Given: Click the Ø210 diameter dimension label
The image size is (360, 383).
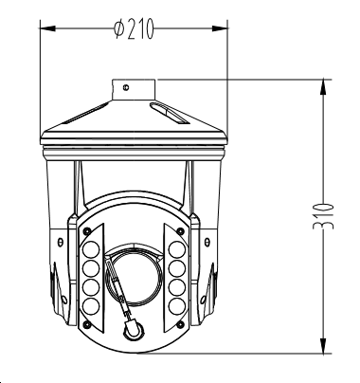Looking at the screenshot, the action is pos(134,28).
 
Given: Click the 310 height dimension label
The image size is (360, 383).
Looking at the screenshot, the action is pos(323,216).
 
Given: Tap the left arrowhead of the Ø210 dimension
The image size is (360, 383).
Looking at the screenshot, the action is pos(47,28).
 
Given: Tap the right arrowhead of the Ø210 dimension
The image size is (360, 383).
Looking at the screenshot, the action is pos(220,28).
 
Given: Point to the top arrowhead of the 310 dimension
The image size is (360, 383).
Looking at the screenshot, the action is pos(323,87).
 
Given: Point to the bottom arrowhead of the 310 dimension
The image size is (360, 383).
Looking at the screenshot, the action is pos(323,346).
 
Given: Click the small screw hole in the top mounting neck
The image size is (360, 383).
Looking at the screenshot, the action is pos(126,87).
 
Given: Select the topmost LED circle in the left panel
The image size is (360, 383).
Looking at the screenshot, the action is pos(91,249).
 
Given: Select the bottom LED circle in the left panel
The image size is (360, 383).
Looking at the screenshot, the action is pos(91,306).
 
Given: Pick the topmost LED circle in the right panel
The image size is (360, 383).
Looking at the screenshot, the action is pos(177,249).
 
